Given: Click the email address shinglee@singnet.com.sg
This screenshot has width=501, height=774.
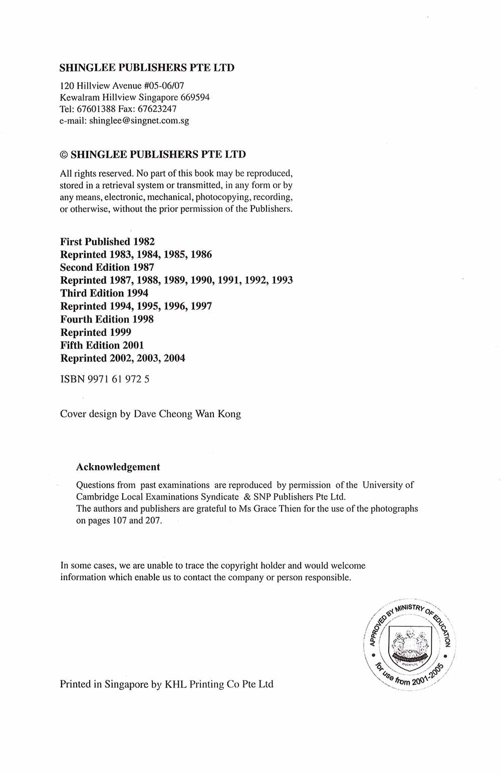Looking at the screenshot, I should (x=139, y=121).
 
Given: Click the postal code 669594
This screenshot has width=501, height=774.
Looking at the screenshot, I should (x=195, y=97).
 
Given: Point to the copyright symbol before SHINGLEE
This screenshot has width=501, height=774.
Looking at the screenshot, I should (x=64, y=155).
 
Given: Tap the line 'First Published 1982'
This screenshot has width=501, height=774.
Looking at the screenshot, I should (x=107, y=241).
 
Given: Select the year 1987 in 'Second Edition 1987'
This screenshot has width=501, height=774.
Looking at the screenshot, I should (x=143, y=267).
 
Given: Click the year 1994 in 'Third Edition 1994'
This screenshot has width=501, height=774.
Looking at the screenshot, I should (x=137, y=293).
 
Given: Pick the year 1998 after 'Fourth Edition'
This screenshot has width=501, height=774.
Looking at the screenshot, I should (x=143, y=319).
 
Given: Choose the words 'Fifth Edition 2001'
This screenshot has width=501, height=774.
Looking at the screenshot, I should (x=102, y=345).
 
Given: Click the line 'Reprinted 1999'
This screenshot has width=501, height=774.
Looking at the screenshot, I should (x=96, y=332).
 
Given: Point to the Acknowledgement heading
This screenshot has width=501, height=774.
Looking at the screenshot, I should (x=118, y=467).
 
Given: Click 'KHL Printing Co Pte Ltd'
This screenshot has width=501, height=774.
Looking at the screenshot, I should (x=219, y=684).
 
